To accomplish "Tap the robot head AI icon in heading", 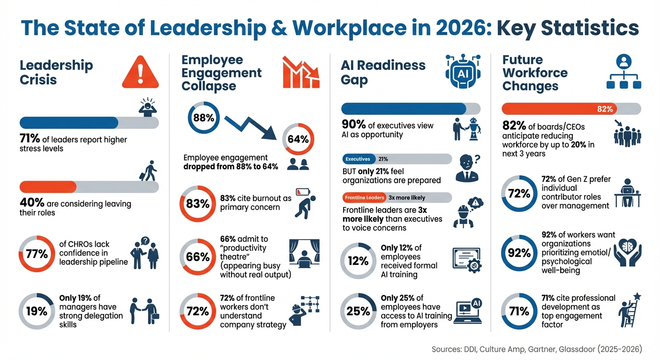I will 462,71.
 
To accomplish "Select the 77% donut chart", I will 37,254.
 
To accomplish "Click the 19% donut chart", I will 37,311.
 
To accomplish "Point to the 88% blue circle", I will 203,118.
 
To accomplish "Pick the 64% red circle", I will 298,139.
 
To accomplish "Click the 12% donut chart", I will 358,261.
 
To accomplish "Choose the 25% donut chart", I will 358,311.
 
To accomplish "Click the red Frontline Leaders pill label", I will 364,197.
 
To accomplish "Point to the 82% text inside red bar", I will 605,109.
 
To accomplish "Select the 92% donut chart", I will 519,253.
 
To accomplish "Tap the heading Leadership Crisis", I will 56,72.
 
